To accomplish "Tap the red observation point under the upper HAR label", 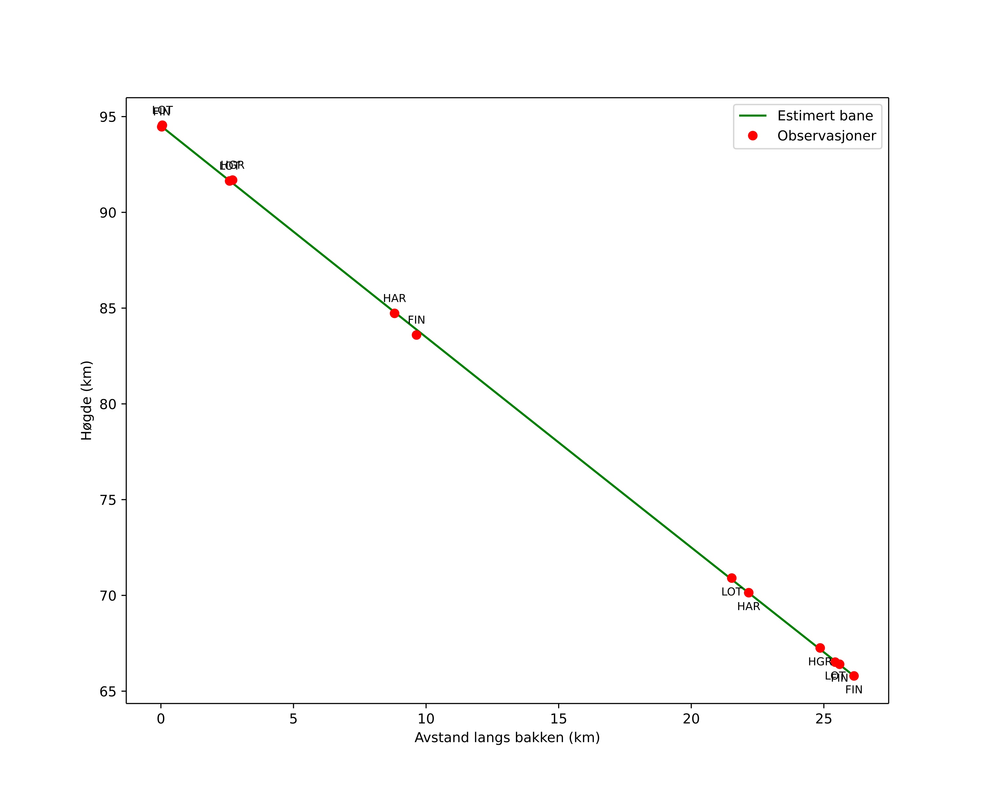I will point(394,313).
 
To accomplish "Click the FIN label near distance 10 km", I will point(416,320).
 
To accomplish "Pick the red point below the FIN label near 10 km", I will point(416,335).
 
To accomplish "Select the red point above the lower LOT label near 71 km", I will point(732,578).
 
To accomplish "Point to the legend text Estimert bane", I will point(825,116).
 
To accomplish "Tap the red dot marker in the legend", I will point(753,136).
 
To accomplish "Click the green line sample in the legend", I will point(753,116).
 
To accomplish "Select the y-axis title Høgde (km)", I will point(87,400).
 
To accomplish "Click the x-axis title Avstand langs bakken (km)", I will point(507,738).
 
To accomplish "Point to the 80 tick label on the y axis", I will point(108,404).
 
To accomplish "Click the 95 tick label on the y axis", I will point(108,117).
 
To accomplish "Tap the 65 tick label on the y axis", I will point(108,692).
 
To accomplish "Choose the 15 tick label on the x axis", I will point(558,719).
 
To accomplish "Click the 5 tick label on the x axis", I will point(293,719).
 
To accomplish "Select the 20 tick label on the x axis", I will point(691,719).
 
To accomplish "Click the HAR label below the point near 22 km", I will point(748,607).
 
